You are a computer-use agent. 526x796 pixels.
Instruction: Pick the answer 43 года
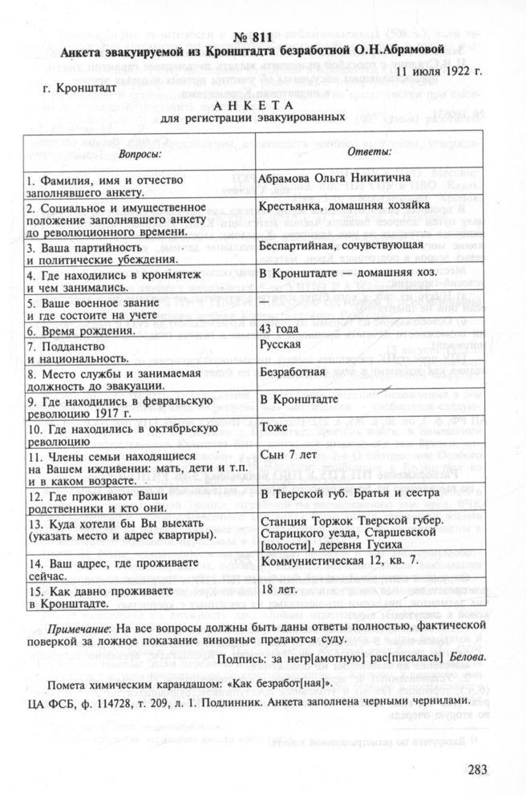[x=283, y=329]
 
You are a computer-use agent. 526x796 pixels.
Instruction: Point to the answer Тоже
[x=275, y=427]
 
